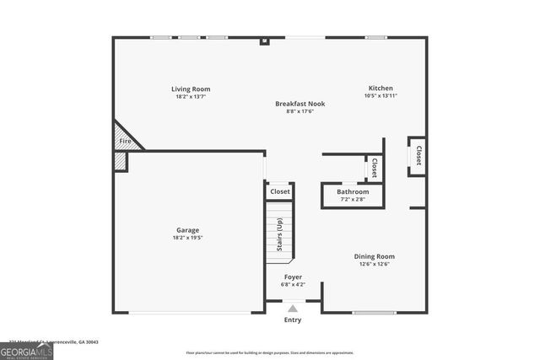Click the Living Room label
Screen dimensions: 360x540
[191, 89]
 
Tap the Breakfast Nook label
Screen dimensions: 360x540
[300, 104]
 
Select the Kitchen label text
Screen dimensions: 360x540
[380, 89]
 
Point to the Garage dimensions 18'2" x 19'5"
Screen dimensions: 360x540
[188, 238]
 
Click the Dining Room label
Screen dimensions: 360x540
[374, 256]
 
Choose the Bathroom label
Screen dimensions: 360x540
[353, 191]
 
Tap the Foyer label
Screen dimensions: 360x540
[292, 277]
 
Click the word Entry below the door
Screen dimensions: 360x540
[292, 320]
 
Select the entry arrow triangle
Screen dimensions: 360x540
[292, 309]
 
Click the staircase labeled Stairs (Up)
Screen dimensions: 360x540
[279, 234]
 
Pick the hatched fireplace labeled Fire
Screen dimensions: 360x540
[125, 141]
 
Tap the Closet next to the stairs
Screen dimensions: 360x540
[279, 191]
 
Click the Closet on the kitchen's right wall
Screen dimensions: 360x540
[418, 156]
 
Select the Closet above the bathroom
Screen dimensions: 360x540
[374, 167]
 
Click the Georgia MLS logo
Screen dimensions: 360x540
[26, 349]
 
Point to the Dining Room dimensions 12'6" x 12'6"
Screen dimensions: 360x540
[374, 264]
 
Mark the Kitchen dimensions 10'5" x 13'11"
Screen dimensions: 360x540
[380, 96]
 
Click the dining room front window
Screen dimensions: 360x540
[374, 313]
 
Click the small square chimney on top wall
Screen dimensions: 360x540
[264, 40]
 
